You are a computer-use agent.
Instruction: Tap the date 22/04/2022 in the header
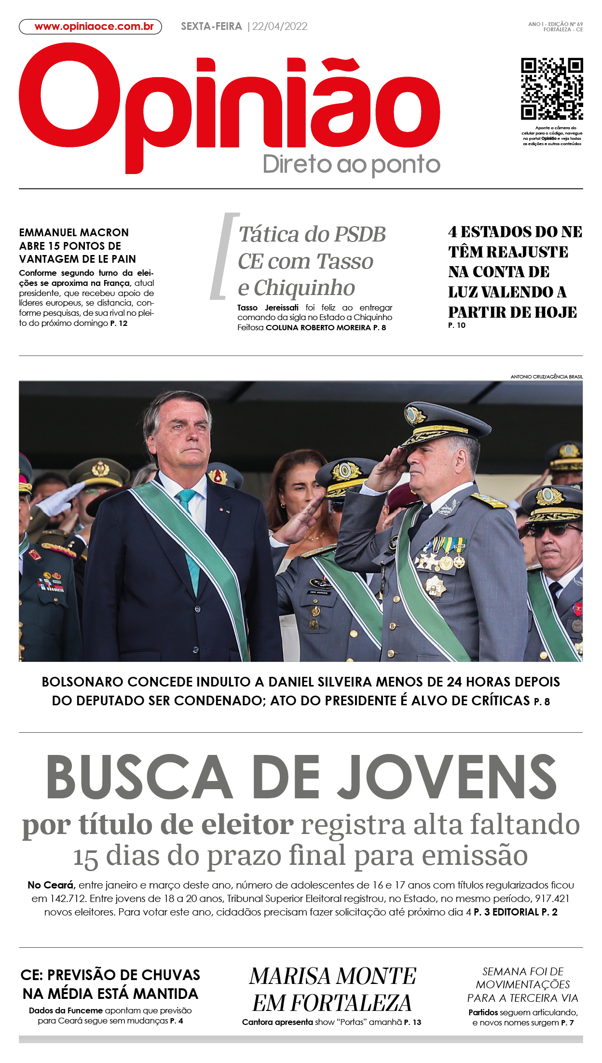(x=280, y=27)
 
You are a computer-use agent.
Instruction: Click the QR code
(x=552, y=89)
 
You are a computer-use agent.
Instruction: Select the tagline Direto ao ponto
(x=351, y=164)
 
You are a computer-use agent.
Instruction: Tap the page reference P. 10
(x=456, y=325)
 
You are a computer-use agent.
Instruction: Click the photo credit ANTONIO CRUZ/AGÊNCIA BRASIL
(x=547, y=377)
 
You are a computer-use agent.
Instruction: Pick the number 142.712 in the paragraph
(x=68, y=899)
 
